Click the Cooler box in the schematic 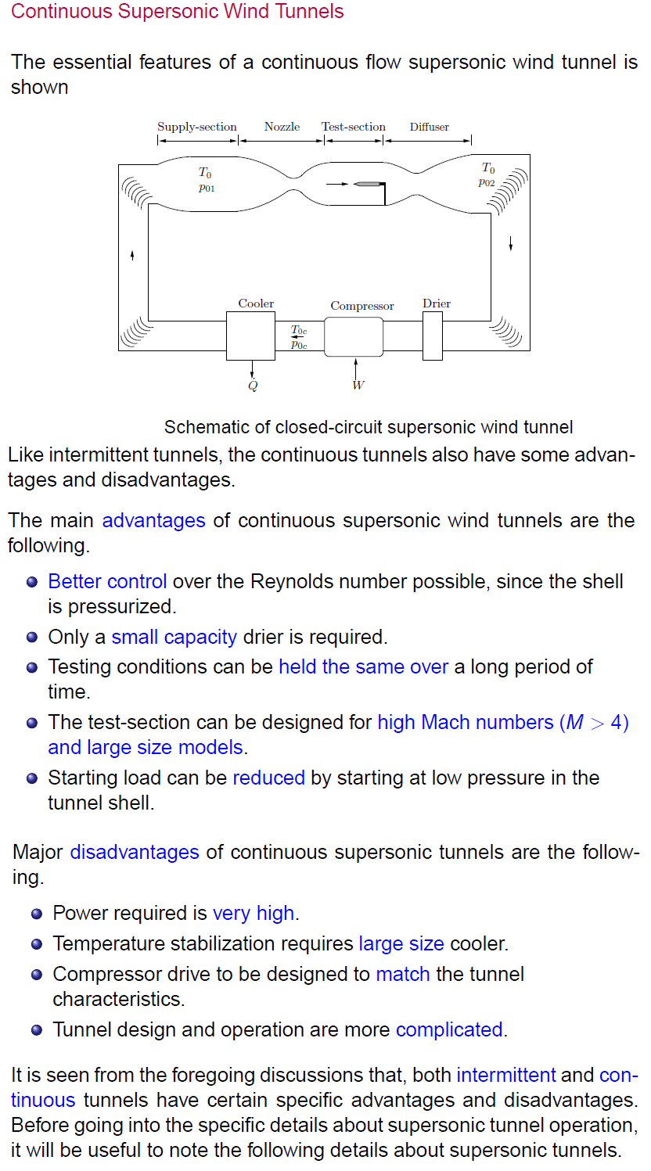click(250, 335)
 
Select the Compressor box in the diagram click(354, 336)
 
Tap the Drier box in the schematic click(433, 336)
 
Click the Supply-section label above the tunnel click(197, 127)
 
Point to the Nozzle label click(282, 127)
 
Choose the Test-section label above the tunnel click(354, 127)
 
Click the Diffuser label click(430, 127)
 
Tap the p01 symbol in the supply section click(207, 188)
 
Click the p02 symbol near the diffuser click(487, 182)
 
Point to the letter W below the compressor click(358, 384)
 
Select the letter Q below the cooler click(253, 384)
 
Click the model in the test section click(367, 184)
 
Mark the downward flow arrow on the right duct click(511, 242)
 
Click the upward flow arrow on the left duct click(132, 255)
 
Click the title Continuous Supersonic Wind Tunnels click(178, 12)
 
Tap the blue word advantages click(153, 520)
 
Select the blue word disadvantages click(135, 852)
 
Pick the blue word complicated click(449, 1029)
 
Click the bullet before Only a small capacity click(32, 638)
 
